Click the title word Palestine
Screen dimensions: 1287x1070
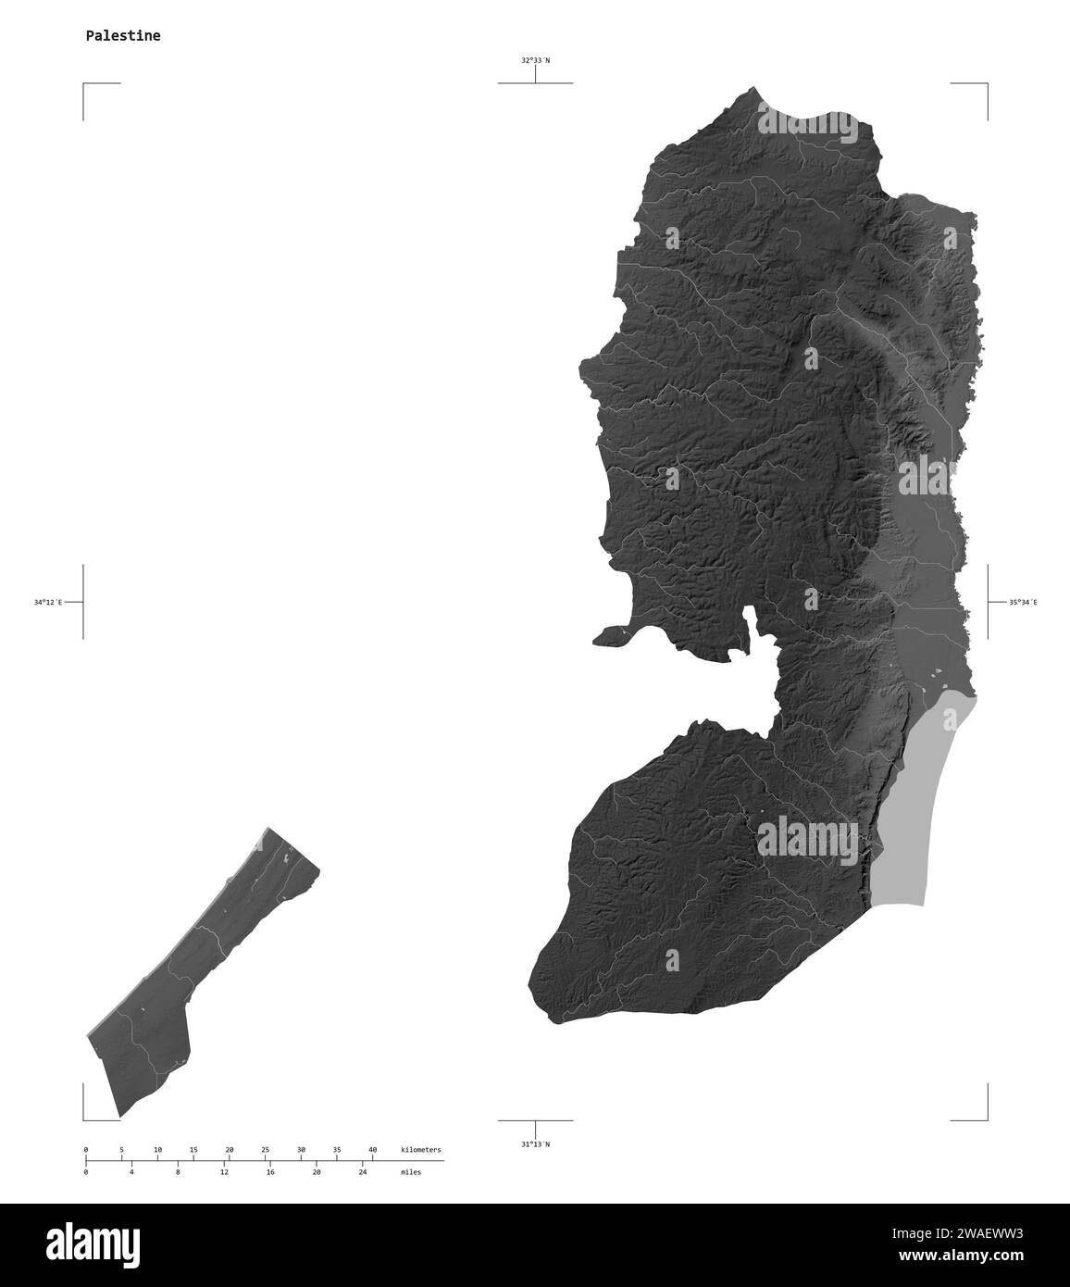pyautogui.click(x=122, y=36)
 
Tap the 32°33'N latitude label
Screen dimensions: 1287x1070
pyautogui.click(x=535, y=60)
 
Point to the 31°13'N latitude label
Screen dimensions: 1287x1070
pyautogui.click(x=535, y=1144)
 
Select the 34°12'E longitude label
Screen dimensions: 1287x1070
pyautogui.click(x=48, y=603)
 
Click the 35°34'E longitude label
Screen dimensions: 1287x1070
pyautogui.click(x=1023, y=603)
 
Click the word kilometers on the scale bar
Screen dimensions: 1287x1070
pyautogui.click(x=421, y=1149)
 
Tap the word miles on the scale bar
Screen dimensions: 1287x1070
pyautogui.click(x=411, y=1172)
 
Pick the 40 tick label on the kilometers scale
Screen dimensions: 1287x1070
pyautogui.click(x=373, y=1149)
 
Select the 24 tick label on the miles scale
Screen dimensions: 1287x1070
pyautogui.click(x=362, y=1172)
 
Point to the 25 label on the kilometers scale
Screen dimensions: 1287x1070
pyautogui.click(x=265, y=1149)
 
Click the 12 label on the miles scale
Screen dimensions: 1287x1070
pyautogui.click(x=224, y=1172)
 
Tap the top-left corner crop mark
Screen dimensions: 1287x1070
pyautogui.click(x=85, y=85)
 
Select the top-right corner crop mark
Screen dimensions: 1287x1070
pyautogui.click(x=986, y=85)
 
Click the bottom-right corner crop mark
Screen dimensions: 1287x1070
pyautogui.click(x=986, y=1118)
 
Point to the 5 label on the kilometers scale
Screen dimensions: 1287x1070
pyautogui.click(x=121, y=1149)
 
